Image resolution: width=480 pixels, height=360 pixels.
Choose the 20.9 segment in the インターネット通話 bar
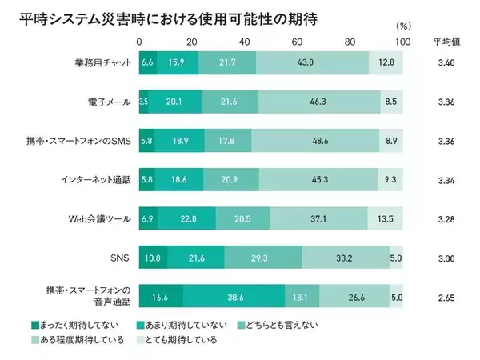pos(231,179)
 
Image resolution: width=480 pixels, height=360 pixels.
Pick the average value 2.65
pos(447,298)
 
